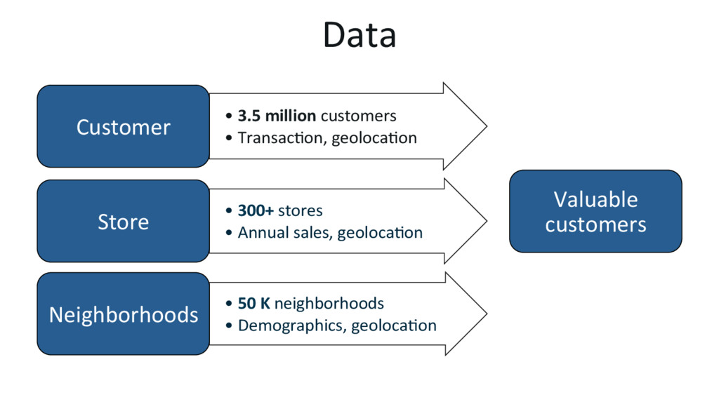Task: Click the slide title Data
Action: pyautogui.click(x=359, y=35)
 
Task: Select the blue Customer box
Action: pyautogui.click(x=123, y=127)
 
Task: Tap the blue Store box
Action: pyautogui.click(x=123, y=222)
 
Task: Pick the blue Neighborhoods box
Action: pyautogui.click(x=123, y=314)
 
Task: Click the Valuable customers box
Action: pyautogui.click(x=595, y=211)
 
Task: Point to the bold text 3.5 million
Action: pyautogui.click(x=277, y=116)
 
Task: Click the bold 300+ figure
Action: pyautogui.click(x=256, y=210)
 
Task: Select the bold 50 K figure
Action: pyautogui.click(x=254, y=303)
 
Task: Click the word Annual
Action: pyautogui.click(x=260, y=232)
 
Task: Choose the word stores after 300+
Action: pyautogui.click(x=301, y=210)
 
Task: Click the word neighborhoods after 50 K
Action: pyautogui.click(x=329, y=303)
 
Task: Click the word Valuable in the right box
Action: pyautogui.click(x=595, y=200)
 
